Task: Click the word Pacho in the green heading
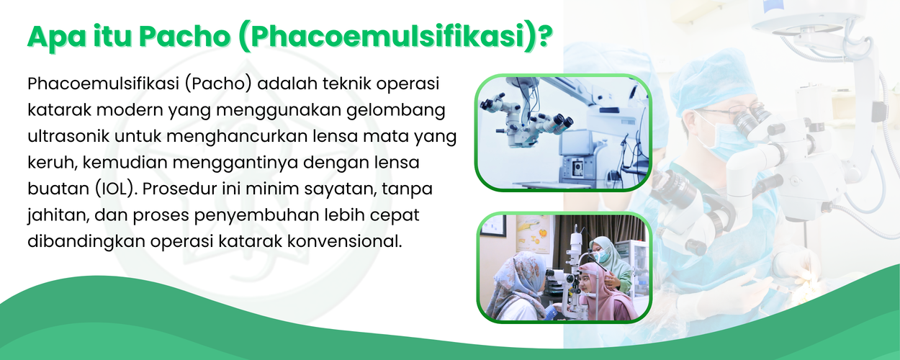tap(185, 36)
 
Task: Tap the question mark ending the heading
tap(544, 36)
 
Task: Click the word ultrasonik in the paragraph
tap(68, 136)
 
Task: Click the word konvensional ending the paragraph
tap(344, 241)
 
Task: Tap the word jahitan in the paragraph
tap(58, 215)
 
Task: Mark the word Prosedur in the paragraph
tap(179, 189)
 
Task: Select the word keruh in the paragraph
tap(53, 162)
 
